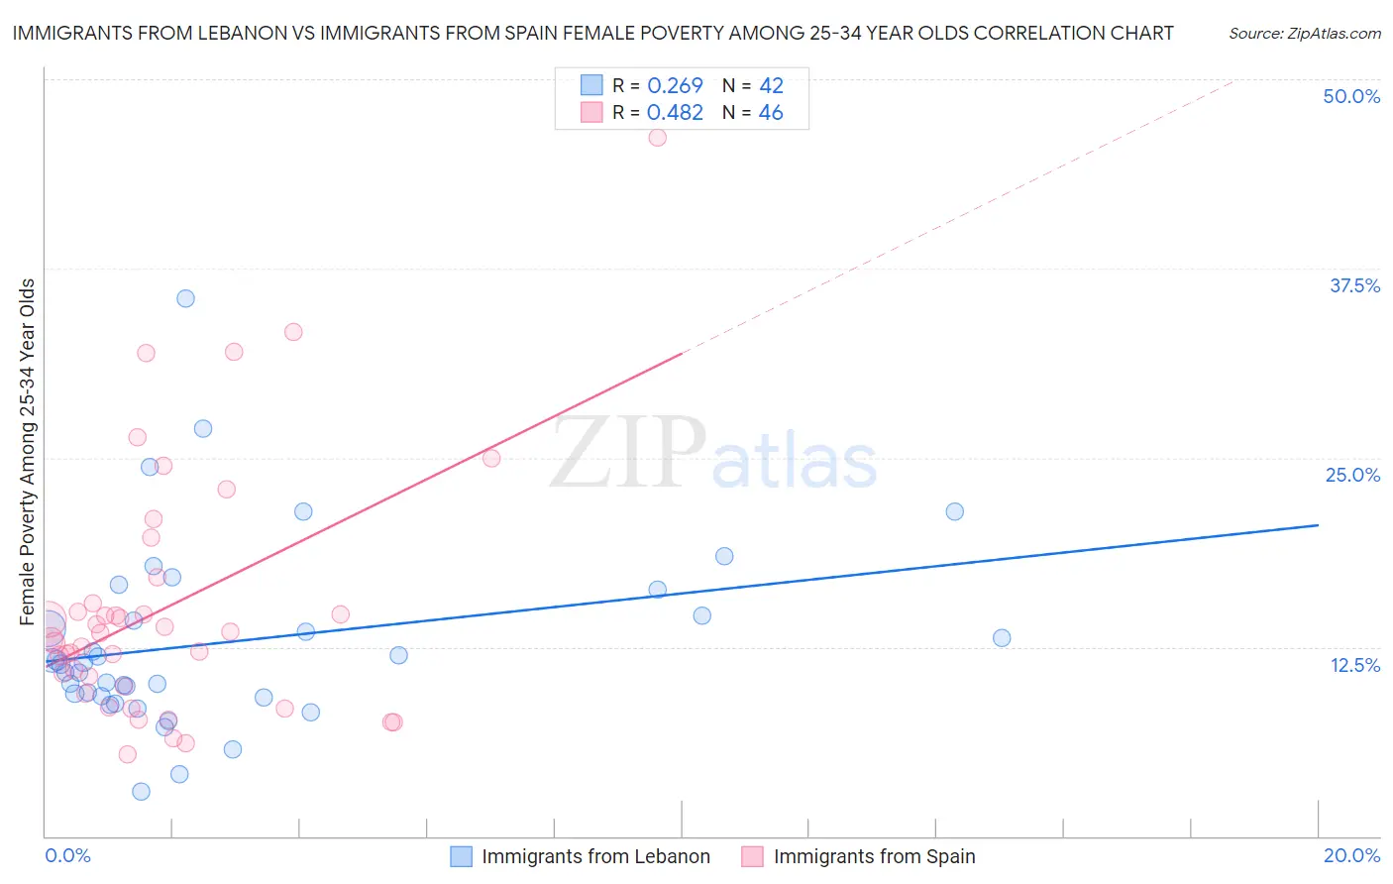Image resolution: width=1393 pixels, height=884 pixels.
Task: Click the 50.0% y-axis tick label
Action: click(x=1351, y=96)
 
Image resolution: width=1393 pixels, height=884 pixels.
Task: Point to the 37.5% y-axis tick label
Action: click(x=1354, y=285)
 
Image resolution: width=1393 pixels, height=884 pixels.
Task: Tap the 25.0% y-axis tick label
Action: click(x=1352, y=475)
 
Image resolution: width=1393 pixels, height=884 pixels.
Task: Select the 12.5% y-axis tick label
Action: click(x=1354, y=665)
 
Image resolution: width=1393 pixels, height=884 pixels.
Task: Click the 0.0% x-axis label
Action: click(x=67, y=855)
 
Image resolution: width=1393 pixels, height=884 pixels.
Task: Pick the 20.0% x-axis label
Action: click(x=1351, y=855)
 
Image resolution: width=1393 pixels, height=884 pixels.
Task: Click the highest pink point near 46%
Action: click(x=657, y=138)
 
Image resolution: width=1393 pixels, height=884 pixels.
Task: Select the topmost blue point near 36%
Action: click(x=185, y=298)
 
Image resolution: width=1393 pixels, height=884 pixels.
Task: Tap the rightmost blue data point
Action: click(x=1002, y=638)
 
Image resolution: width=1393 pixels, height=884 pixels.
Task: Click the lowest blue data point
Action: click(x=141, y=791)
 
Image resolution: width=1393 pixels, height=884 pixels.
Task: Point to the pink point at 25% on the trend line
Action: click(x=491, y=458)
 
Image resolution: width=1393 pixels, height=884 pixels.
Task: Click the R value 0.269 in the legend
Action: click(x=675, y=86)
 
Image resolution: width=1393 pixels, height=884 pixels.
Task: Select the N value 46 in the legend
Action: click(x=771, y=113)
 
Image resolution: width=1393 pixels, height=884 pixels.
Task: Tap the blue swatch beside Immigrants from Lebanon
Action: click(x=461, y=856)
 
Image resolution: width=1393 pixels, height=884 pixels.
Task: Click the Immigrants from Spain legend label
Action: click(x=874, y=856)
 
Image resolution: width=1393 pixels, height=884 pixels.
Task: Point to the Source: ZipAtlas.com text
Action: click(x=1304, y=34)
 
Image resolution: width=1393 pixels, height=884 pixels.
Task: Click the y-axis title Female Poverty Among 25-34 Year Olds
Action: click(x=28, y=452)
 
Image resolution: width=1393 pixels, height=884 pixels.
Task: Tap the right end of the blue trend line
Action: click(x=1318, y=525)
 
